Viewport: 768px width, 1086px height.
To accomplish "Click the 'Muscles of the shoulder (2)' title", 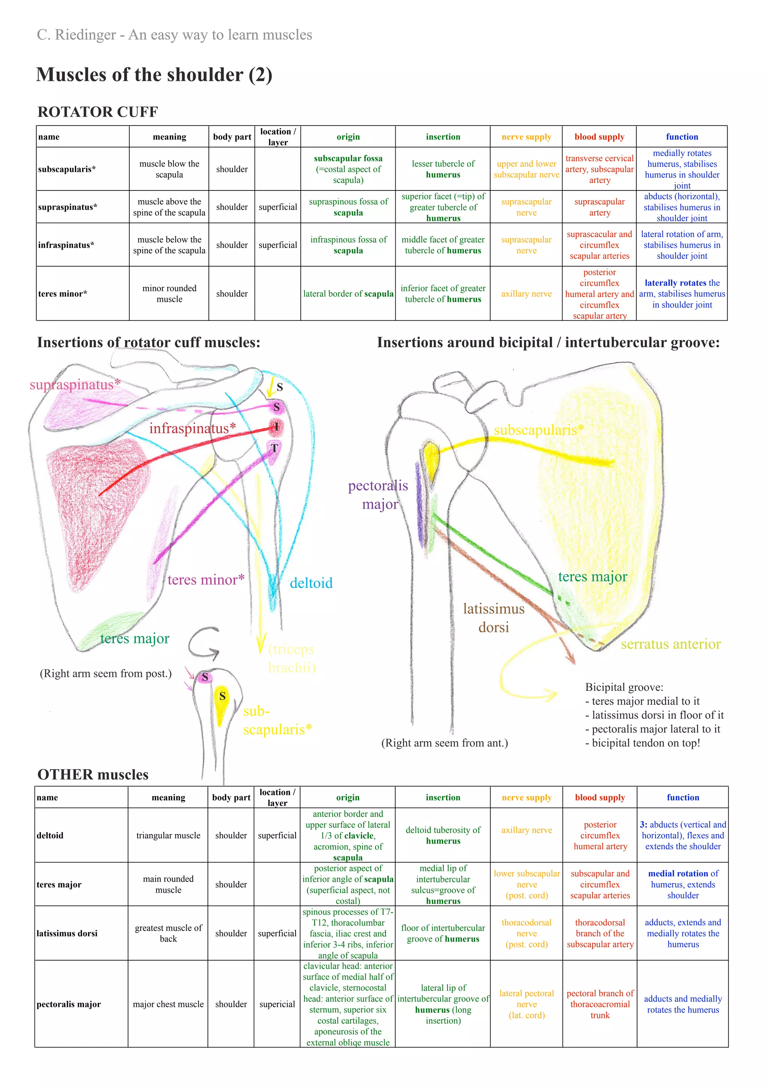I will point(154,75).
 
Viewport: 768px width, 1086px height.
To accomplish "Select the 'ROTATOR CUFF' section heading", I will point(97,112).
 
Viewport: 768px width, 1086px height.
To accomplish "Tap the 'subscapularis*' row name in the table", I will point(67,169).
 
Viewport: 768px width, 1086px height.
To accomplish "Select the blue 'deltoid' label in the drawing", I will point(311,583).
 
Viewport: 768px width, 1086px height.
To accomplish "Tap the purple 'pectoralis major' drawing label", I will point(378,495).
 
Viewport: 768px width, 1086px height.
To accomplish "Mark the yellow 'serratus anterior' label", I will point(670,644).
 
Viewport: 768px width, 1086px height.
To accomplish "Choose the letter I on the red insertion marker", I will point(277,427).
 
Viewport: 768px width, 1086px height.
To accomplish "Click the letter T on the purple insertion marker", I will point(274,448).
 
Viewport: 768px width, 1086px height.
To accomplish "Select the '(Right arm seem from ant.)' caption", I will point(444,743).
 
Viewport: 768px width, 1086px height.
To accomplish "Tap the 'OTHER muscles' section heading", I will point(93,775).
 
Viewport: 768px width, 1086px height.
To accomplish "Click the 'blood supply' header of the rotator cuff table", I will point(599,137).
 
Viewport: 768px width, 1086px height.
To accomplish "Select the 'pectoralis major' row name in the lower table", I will point(69,1004).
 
